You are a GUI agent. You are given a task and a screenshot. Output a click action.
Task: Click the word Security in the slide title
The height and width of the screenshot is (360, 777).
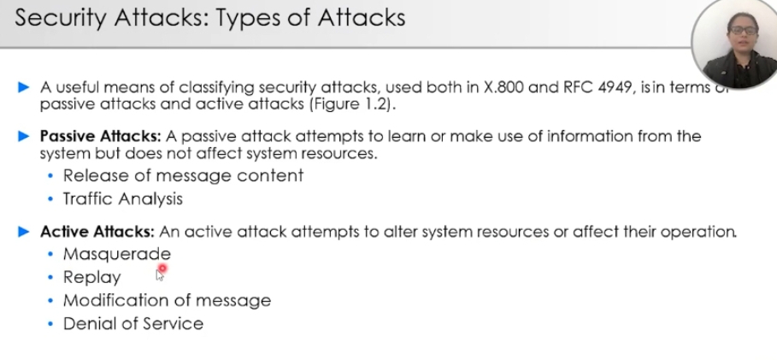[x=62, y=18]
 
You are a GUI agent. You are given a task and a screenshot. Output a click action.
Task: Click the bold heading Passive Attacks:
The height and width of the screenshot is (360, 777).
[x=101, y=136]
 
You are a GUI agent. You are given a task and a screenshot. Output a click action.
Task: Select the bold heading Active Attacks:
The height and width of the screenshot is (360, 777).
[x=97, y=232]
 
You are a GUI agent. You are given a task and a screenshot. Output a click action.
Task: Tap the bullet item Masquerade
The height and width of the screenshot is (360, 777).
[x=117, y=254]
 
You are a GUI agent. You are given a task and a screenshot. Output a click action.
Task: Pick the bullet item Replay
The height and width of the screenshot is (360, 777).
[x=92, y=277]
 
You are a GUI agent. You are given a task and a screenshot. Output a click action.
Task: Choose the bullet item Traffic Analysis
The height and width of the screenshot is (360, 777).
[x=123, y=199]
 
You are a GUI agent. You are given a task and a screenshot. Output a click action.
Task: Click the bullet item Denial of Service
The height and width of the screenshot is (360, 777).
[x=133, y=324]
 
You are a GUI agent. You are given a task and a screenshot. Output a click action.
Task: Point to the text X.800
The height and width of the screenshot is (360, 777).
[x=503, y=88]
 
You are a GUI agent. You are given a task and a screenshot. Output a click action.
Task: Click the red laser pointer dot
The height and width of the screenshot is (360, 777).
[x=162, y=269]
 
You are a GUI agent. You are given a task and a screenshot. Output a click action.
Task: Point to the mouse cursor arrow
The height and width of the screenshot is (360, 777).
[x=160, y=275]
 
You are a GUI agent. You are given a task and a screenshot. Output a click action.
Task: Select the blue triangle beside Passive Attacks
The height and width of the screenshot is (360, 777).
[x=23, y=136]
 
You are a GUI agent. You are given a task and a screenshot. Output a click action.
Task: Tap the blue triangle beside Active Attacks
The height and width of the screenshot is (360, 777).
[x=23, y=232]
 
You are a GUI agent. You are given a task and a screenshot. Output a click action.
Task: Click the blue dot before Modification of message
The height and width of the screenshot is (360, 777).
[x=50, y=300]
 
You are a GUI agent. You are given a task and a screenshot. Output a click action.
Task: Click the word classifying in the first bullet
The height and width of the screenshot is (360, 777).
[x=216, y=88]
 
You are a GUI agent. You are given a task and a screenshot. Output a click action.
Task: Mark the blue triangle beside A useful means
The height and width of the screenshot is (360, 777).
[x=23, y=88]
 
